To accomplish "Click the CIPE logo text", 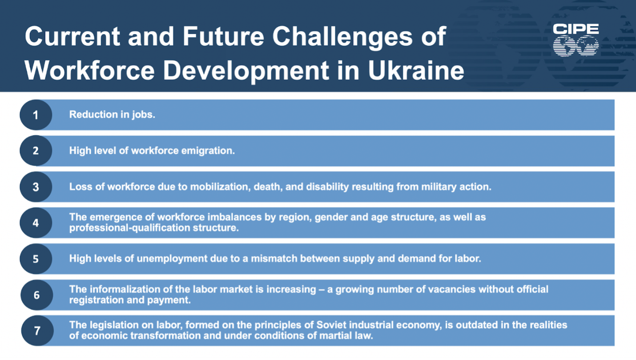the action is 576,29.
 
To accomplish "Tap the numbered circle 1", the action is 36,115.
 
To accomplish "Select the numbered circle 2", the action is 36,150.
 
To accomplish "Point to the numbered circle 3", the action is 36,187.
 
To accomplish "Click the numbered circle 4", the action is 36,223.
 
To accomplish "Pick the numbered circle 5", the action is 36,259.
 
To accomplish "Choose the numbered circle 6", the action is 36,295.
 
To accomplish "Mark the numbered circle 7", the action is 37,331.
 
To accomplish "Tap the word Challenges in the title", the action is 342,37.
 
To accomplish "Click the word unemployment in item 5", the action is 172,259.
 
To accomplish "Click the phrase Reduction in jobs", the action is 112,114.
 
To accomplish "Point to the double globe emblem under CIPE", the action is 576,46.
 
